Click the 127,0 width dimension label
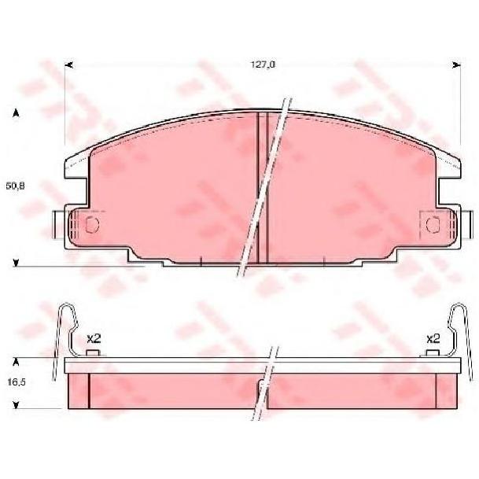[263, 64]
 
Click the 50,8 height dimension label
[15, 186]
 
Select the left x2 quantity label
[94, 338]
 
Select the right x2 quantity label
[433, 338]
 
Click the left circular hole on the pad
[92, 225]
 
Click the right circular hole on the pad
[433, 225]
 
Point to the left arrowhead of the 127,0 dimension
[69, 64]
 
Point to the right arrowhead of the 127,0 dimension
[456, 64]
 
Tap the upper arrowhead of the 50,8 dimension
[16, 113]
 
